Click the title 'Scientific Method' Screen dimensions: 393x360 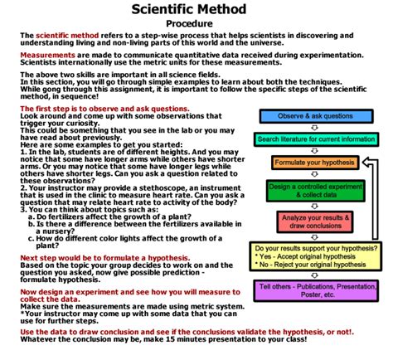tap(196, 9)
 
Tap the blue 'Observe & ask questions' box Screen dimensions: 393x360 tap(315, 116)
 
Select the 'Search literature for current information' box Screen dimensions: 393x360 tap(315, 139)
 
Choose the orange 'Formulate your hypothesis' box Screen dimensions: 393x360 tap(315, 162)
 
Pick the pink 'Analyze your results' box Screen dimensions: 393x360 tap(315, 222)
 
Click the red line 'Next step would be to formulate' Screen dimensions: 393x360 tap(97, 259)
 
